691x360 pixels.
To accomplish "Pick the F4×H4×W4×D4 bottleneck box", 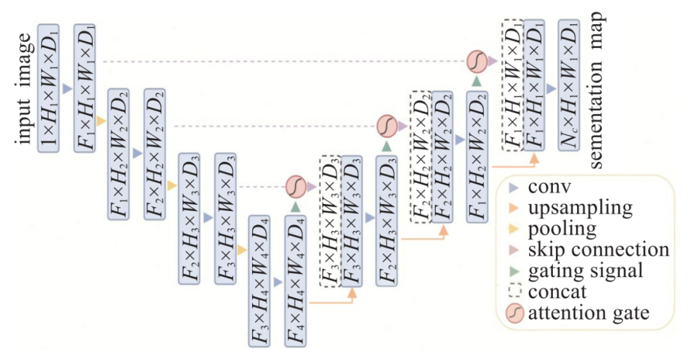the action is click(x=295, y=279).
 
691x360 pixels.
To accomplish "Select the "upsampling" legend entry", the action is click(x=580, y=207).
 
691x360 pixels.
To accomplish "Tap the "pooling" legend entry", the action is click(x=562, y=228).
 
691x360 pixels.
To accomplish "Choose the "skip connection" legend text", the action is click(x=599, y=248).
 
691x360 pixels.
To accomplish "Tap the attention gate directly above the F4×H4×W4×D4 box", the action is click(x=296, y=187).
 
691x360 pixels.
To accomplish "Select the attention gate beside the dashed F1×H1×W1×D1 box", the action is click(x=475, y=61).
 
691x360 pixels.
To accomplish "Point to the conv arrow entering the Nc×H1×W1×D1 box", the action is click(x=551, y=90).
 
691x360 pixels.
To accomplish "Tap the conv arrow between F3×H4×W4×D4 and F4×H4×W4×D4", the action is click(x=277, y=281).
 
